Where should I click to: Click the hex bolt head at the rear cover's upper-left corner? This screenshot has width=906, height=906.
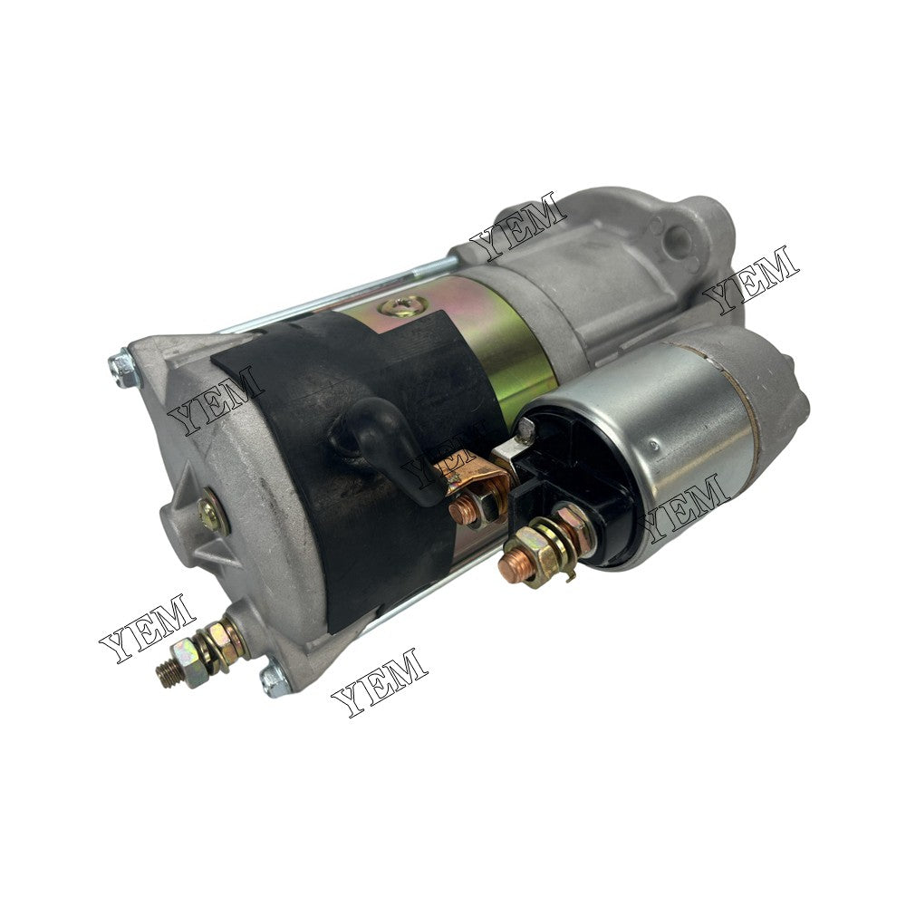tap(124, 369)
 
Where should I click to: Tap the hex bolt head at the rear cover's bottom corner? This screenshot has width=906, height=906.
tap(275, 679)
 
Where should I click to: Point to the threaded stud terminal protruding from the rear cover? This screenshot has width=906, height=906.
tap(198, 651)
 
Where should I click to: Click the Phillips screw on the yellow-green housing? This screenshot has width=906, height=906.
tap(404, 305)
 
